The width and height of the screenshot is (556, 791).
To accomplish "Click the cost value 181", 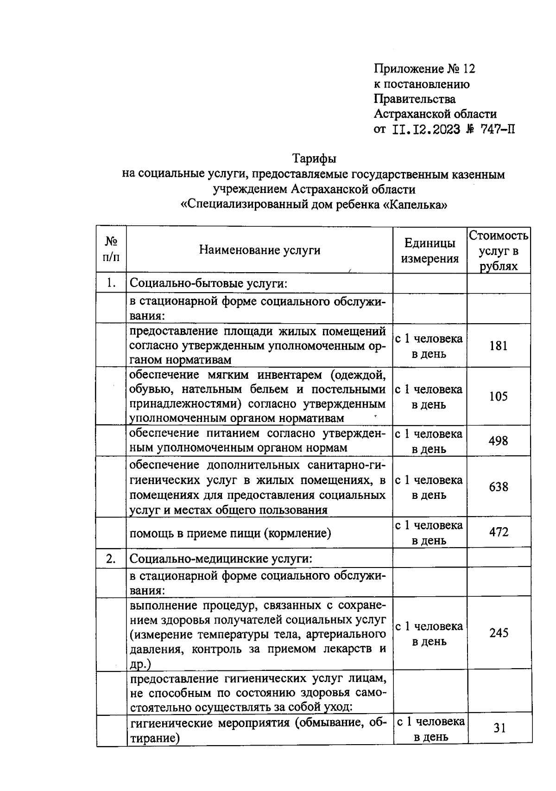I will tap(499, 346).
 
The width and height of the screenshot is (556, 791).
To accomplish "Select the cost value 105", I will tap(499, 396).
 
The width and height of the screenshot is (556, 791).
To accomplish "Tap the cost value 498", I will tap(499, 440).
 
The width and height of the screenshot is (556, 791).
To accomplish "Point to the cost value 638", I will tap(499, 487).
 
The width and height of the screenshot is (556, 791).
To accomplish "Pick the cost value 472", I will tap(499, 532).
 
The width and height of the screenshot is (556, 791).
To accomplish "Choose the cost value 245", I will tap(499, 633).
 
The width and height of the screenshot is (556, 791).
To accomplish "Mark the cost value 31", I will tap(499, 728).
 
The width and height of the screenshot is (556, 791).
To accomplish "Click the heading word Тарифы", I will tap(314, 159).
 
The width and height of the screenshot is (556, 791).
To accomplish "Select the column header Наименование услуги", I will tap(259, 250).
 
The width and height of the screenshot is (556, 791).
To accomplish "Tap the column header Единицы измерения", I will tap(430, 251).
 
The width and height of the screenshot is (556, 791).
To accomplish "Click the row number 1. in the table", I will tap(111, 283).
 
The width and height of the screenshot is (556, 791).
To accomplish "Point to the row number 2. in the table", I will tap(111, 558).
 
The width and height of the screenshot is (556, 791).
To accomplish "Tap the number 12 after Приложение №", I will tap(468, 69).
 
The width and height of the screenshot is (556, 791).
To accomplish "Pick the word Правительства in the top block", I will tap(415, 99).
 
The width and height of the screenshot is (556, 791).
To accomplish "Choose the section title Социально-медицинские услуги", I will tap(221, 558).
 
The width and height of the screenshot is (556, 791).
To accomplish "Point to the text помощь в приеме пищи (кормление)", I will tap(230, 533).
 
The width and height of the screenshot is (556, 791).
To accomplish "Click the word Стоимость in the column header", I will tap(499, 236).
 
